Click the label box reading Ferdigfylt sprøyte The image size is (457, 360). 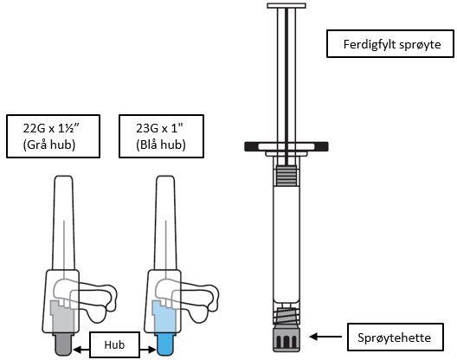pyautogui.click(x=390, y=44)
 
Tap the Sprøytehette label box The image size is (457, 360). pyautogui.click(x=396, y=337)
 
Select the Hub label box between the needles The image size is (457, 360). pyautogui.click(x=114, y=344)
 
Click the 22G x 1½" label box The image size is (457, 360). pyautogui.click(x=53, y=137)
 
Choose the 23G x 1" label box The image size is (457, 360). pyautogui.click(x=161, y=137)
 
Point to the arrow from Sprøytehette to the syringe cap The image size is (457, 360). pyautogui.click(x=325, y=337)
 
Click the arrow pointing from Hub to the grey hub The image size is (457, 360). pyautogui.click(x=81, y=350)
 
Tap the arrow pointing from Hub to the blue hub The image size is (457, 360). pyautogui.click(x=148, y=350)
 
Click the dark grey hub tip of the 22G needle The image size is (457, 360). pyautogui.click(x=63, y=344)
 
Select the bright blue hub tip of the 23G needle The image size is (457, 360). pyautogui.click(x=165, y=344)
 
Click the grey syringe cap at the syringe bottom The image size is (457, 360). pyautogui.click(x=286, y=340)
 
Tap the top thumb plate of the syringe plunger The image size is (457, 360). pyautogui.click(x=286, y=5)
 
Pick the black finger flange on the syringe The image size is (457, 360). pyautogui.click(x=286, y=146)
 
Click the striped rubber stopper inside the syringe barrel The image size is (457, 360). pyautogui.click(x=286, y=176)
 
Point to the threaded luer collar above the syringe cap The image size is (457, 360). pyautogui.click(x=286, y=316)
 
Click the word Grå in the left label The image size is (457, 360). pyautogui.click(x=35, y=145)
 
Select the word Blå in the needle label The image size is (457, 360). pyautogui.click(x=148, y=145)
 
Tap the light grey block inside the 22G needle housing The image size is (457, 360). pyautogui.click(x=61, y=316)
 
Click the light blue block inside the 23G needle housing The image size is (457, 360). pyautogui.click(x=164, y=316)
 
